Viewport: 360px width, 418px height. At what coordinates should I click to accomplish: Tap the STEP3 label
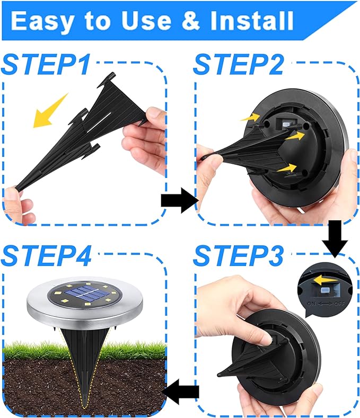tap(238, 255)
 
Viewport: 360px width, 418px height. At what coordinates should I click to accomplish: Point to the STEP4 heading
tap(47, 255)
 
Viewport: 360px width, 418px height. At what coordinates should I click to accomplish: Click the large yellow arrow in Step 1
tap(50, 110)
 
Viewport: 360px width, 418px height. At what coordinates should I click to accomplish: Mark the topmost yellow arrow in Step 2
tap(250, 117)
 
